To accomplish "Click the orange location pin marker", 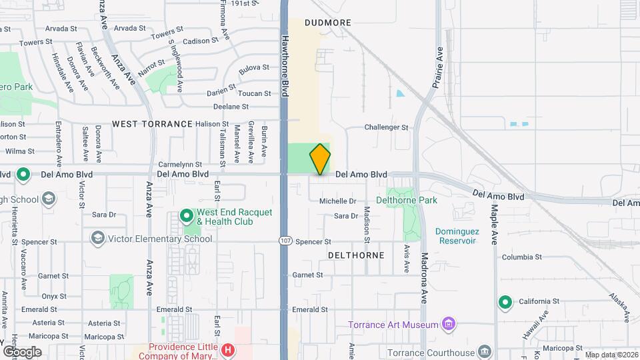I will (x=320, y=159).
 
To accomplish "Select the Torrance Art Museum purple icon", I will (x=449, y=325).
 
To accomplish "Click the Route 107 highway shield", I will (x=284, y=240).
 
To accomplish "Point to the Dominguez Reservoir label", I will (x=465, y=235).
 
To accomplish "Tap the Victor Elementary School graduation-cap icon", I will (x=97, y=239).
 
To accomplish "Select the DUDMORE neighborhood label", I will (x=327, y=23).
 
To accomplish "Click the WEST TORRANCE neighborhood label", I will (x=152, y=124).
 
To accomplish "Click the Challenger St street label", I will (x=386, y=127).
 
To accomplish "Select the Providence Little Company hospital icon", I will (x=228, y=349).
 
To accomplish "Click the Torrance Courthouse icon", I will (x=485, y=351).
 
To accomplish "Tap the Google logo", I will (x=22, y=351).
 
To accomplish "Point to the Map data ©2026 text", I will (x=611, y=355).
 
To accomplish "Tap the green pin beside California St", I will (x=505, y=303).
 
